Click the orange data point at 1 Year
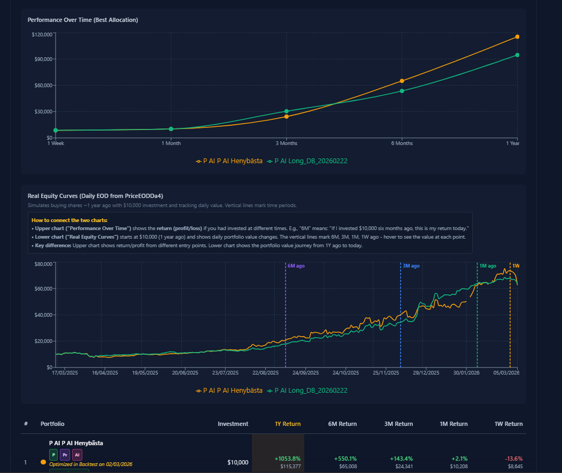(x=517, y=37)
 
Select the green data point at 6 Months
(x=402, y=91)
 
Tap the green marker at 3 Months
(x=287, y=111)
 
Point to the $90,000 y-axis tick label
(x=42, y=59)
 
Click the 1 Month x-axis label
(x=171, y=143)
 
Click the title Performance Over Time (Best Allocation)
(x=83, y=20)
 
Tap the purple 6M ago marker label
(x=296, y=266)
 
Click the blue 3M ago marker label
(x=411, y=266)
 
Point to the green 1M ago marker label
(x=487, y=266)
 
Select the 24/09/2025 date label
(x=305, y=373)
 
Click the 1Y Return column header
(x=287, y=424)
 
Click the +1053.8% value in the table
(x=288, y=459)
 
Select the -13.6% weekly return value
(x=513, y=459)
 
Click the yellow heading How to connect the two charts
(x=69, y=220)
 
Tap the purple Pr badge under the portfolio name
(x=65, y=455)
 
